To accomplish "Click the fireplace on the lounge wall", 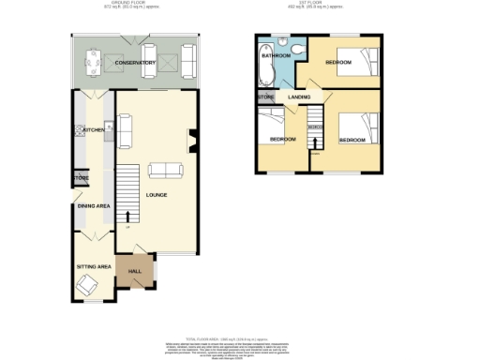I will tap(192, 141).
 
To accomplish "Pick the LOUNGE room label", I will tap(157, 195).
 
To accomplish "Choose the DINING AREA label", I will tap(95, 204).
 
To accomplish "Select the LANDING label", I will tap(300, 97).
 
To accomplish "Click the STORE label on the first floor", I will tap(264, 97).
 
